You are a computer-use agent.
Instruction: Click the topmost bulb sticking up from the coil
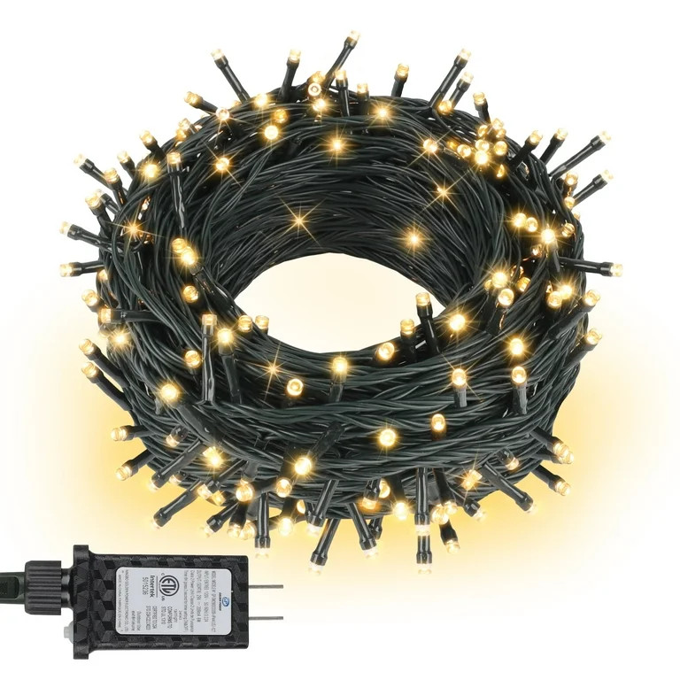coord(352,37)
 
